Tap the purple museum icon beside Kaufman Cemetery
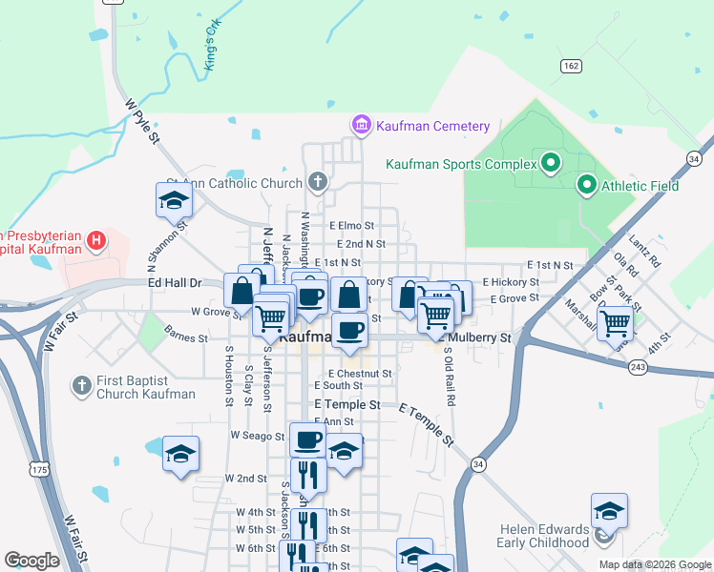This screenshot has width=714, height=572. [x=361, y=125]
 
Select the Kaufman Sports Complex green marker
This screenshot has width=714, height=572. [x=550, y=164]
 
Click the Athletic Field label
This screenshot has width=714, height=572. [x=640, y=186]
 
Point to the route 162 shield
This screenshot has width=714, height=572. [x=571, y=65]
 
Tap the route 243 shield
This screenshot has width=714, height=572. [x=639, y=367]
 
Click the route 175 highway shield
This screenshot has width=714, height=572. [x=38, y=470]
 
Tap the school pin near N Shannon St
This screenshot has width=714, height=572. [x=174, y=200]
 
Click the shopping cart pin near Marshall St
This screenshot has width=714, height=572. [x=615, y=322]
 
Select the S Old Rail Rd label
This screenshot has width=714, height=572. [x=447, y=381]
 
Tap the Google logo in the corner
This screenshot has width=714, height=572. [x=32, y=560]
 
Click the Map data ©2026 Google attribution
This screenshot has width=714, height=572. [x=654, y=564]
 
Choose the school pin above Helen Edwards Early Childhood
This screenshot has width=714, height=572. [x=609, y=512]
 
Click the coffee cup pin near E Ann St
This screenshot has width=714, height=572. [x=307, y=440]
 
